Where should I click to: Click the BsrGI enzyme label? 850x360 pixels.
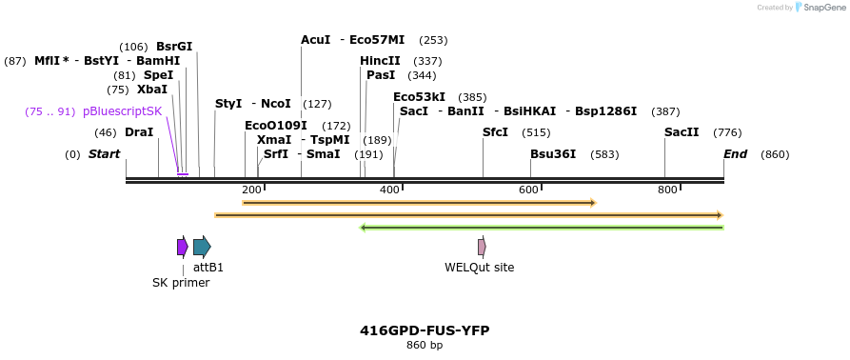click(x=174, y=47)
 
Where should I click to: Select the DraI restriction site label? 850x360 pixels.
click(x=139, y=132)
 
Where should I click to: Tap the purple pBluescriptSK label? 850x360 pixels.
click(x=123, y=111)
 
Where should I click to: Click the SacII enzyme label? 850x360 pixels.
click(x=682, y=132)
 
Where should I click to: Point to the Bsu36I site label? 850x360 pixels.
click(x=553, y=153)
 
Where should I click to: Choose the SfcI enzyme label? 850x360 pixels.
click(x=496, y=132)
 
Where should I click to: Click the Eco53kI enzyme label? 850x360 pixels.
click(x=419, y=97)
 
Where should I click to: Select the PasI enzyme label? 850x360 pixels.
click(x=381, y=75)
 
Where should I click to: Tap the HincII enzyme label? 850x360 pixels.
click(x=380, y=61)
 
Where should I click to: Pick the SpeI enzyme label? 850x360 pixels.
click(x=159, y=75)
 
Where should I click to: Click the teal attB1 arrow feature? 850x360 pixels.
click(x=202, y=247)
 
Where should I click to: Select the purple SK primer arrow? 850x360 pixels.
click(x=182, y=247)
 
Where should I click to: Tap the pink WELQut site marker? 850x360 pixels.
click(x=482, y=247)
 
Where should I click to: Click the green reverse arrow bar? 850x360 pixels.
click(x=542, y=228)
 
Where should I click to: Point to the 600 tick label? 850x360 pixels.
click(x=528, y=190)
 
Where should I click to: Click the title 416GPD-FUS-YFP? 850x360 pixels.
click(x=425, y=330)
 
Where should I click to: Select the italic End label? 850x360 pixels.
click(x=735, y=153)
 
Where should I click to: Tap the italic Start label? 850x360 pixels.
click(x=105, y=153)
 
